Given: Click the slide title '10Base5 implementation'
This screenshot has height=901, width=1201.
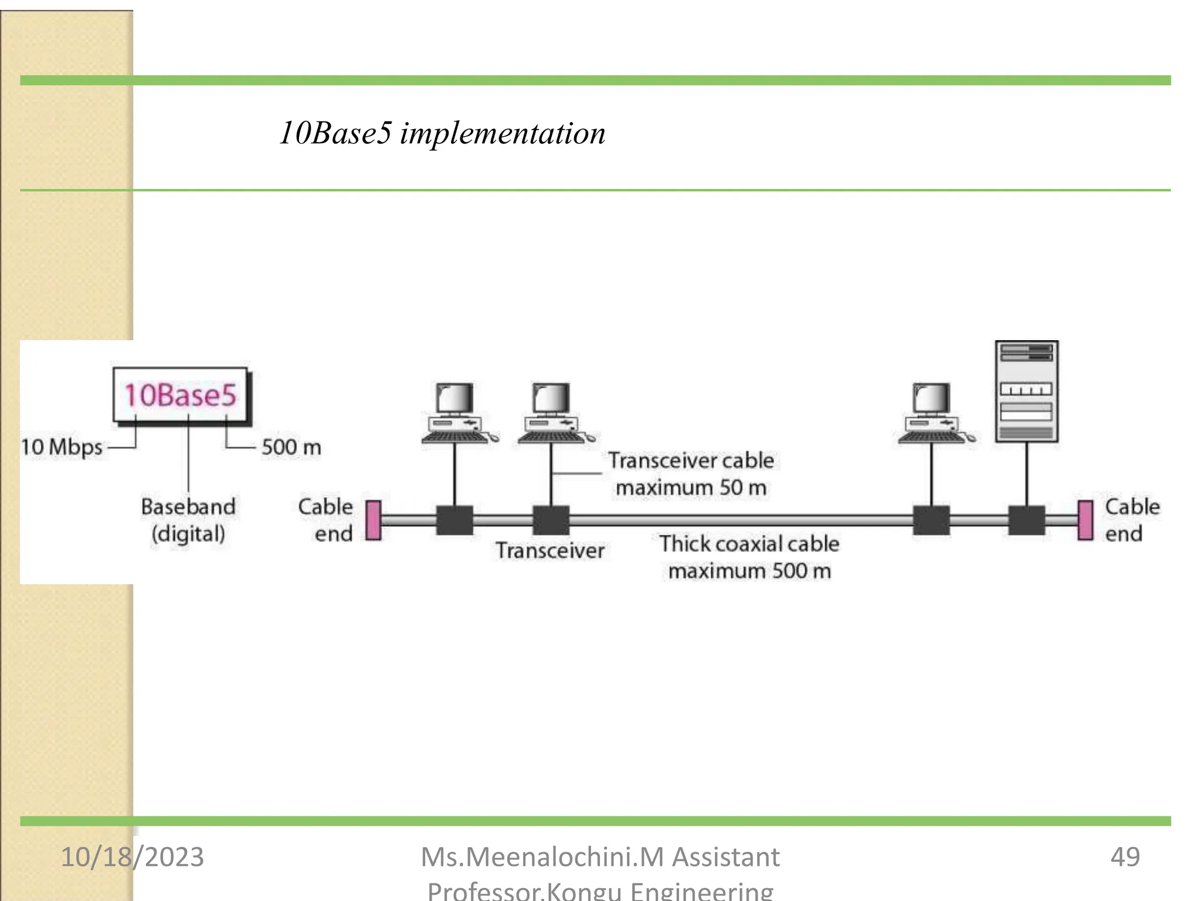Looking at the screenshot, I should pyautogui.click(x=442, y=133).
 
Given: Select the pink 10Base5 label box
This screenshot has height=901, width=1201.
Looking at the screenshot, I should pyautogui.click(x=181, y=395).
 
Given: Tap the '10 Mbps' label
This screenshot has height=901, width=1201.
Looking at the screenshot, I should pyautogui.click(x=62, y=447).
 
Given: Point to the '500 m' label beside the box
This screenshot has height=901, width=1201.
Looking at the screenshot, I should pyautogui.click(x=291, y=448).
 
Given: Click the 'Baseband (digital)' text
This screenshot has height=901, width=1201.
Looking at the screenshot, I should pyautogui.click(x=188, y=520).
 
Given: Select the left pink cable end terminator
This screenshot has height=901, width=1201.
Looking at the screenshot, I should pyautogui.click(x=373, y=520).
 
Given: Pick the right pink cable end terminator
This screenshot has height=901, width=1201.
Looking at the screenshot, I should pyautogui.click(x=1085, y=520).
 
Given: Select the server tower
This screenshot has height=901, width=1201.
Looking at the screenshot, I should pyautogui.click(x=1026, y=391).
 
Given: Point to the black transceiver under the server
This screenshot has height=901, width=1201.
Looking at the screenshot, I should pyautogui.click(x=1026, y=520).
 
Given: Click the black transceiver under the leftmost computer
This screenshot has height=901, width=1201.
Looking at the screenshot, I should pyautogui.click(x=454, y=520).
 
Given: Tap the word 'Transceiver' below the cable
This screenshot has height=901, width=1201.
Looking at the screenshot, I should pyautogui.click(x=549, y=551).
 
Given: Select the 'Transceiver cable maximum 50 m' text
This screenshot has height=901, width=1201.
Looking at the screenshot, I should pyautogui.click(x=691, y=474).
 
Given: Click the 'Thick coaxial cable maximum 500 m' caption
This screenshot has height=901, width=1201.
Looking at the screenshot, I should pyautogui.click(x=749, y=557).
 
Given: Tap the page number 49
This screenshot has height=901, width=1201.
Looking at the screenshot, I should pyautogui.click(x=1125, y=857).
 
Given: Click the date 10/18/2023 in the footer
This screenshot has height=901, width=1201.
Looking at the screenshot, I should pyautogui.click(x=133, y=857).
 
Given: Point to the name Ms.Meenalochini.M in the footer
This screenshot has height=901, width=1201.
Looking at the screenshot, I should pyautogui.click(x=542, y=857).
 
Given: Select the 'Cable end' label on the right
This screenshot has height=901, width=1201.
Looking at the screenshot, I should pyautogui.click(x=1131, y=520).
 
